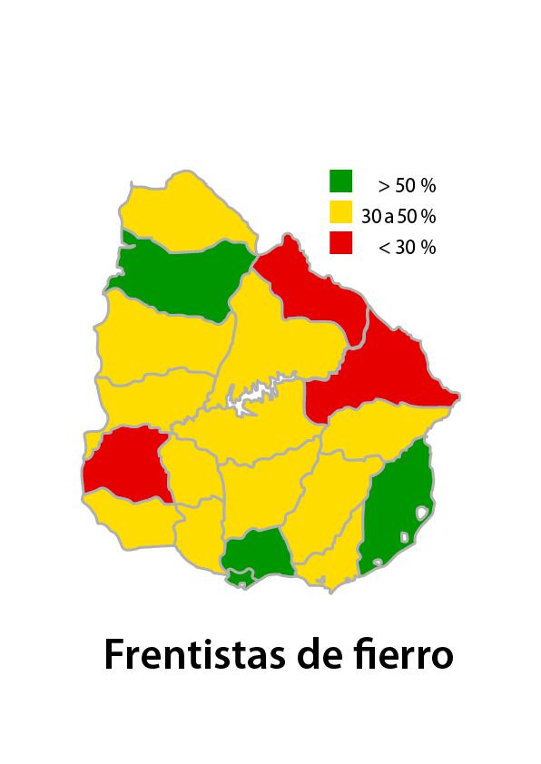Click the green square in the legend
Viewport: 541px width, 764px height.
click(340, 181)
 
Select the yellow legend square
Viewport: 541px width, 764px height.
click(340, 213)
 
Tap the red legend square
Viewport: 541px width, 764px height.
click(340, 243)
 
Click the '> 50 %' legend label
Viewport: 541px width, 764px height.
click(407, 186)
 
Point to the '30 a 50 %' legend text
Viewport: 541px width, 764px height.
click(398, 217)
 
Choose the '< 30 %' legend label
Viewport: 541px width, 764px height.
click(407, 247)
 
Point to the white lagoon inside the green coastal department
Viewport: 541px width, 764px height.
click(420, 513)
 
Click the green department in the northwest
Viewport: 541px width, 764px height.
click(182, 277)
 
